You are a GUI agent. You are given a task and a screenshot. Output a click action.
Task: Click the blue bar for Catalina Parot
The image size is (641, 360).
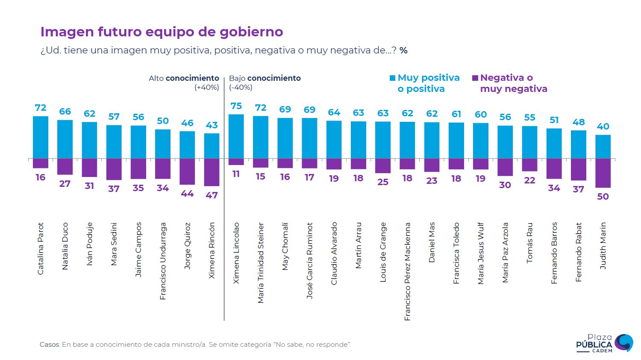pos(41,137)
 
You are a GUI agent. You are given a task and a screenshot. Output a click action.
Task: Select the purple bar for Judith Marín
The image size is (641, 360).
pos(603,173)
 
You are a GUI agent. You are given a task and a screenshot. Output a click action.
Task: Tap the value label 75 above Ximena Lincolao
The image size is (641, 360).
pos(236,106)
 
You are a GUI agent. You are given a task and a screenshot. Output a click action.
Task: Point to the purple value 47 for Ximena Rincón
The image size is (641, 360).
pos(212,195)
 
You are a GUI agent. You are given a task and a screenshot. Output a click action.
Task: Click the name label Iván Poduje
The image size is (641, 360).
pos(89,244)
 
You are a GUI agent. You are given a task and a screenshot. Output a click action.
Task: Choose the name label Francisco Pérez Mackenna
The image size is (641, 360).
pos(408,271)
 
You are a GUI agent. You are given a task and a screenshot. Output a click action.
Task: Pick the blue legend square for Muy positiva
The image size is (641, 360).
pos(392,78)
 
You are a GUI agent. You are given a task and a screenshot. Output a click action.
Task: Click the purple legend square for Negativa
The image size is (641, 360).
pos(475,78)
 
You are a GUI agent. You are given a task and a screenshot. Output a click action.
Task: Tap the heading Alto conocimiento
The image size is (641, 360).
pos(184,78)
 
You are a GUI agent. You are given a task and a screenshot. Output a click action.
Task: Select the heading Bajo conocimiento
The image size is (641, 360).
pos(265,78)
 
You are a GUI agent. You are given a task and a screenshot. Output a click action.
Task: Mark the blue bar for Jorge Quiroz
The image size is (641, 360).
pos(187,145)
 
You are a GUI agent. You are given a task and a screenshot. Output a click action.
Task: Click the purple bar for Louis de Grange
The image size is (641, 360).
pos(383,165)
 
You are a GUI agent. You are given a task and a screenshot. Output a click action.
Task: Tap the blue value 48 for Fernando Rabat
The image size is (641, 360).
pos(579,122)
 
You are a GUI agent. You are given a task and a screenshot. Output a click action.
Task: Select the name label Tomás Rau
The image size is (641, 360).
pos(530,242)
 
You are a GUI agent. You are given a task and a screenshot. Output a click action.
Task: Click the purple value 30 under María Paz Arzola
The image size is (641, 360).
pos(505,185)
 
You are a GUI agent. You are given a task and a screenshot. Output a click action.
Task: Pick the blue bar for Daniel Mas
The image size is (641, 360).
pos(432,140)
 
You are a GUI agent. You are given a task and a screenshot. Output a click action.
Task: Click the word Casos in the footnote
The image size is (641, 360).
pos(50,345)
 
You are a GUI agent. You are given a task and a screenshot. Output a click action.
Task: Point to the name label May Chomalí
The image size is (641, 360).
pos(285,246)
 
